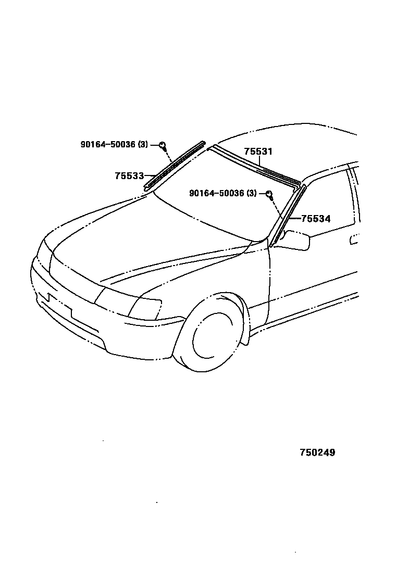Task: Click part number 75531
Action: tap(258, 152)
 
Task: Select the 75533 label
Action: tap(129, 176)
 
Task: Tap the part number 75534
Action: tap(316, 219)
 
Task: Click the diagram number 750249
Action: tap(317, 452)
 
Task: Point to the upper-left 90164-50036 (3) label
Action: tap(114, 145)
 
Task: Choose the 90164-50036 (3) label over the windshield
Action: tap(223, 193)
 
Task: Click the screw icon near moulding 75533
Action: tap(163, 145)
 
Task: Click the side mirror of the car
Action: tap(296, 241)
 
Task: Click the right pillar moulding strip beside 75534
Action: tap(287, 214)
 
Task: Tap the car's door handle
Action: tap(355, 240)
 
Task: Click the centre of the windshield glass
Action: tap(219, 198)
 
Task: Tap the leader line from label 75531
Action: tap(260, 161)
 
